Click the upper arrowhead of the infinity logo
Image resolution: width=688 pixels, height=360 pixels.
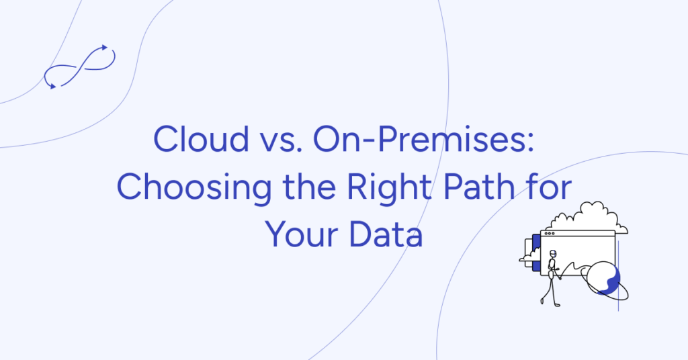104,47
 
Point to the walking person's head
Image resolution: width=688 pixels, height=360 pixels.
553,254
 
